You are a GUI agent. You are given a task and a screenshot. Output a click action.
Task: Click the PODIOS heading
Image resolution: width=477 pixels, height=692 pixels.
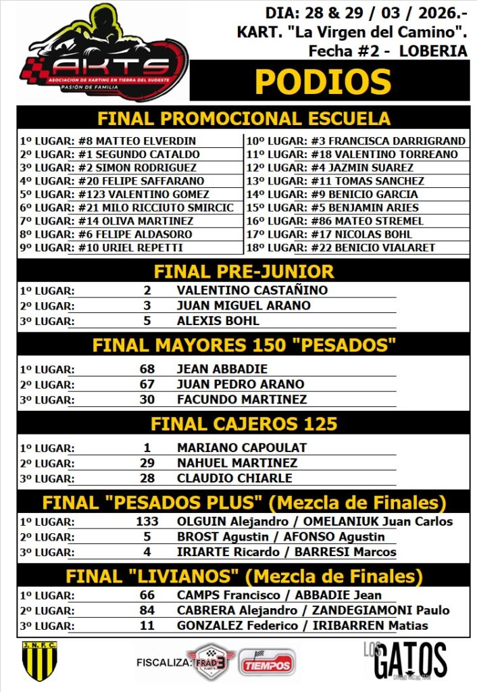coord(322,82)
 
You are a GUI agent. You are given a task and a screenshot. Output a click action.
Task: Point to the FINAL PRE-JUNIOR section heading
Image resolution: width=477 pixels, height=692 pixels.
coord(243,272)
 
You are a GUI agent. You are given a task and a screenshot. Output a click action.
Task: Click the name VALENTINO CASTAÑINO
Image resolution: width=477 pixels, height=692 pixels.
coord(252,291)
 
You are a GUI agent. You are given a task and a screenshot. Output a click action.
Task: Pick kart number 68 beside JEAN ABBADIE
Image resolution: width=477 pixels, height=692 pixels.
coord(147,370)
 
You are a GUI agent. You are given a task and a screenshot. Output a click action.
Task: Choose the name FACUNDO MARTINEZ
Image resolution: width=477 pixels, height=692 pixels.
coord(242,399)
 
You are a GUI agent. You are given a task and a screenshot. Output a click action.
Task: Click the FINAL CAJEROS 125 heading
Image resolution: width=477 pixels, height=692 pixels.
coord(243,424)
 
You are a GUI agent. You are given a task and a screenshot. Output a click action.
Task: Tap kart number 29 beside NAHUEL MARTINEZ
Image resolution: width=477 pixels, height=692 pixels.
coord(147,464)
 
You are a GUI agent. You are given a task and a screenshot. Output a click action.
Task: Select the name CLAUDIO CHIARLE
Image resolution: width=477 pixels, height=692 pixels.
coord(234,478)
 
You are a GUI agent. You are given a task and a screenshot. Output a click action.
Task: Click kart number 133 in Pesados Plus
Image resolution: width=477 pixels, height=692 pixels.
coord(147,522)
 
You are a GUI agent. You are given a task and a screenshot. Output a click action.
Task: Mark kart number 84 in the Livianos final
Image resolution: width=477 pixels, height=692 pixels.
coord(147,611)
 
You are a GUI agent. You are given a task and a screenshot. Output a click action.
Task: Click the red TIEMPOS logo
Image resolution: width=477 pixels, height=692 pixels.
coord(266,663)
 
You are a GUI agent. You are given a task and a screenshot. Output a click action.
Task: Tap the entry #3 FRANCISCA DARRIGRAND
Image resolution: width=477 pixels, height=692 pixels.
coord(388,141)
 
